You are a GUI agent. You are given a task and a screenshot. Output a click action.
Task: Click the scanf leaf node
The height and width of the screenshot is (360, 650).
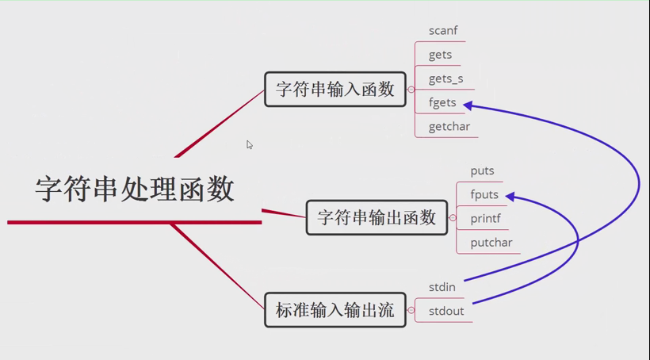443,31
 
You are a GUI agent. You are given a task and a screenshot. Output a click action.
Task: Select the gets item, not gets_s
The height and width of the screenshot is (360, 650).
440,55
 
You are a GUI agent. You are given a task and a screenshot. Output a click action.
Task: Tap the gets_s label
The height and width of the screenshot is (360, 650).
445,79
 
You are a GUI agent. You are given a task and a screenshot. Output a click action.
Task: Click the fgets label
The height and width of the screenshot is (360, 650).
442,102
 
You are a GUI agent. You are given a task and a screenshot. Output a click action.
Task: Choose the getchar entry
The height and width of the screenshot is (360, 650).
449,126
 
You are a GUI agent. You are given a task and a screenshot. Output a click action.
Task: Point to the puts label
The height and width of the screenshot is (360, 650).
482,170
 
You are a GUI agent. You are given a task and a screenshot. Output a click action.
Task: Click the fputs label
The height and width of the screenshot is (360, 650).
484,194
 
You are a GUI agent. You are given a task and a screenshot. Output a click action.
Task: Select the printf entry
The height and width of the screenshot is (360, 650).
485,218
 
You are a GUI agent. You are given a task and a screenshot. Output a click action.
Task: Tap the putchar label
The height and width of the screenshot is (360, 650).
491,243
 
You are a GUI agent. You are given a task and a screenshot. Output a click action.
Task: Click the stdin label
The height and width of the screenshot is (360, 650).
442,287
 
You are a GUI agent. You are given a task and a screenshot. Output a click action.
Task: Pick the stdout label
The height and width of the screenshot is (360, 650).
446,311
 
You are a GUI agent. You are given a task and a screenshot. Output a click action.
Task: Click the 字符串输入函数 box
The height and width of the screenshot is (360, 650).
335,89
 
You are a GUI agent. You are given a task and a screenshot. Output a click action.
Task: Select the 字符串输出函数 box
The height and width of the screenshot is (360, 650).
377,217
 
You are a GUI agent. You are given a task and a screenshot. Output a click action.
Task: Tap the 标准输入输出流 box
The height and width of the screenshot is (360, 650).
335,310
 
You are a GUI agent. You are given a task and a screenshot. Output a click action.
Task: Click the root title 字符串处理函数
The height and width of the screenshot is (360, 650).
135,190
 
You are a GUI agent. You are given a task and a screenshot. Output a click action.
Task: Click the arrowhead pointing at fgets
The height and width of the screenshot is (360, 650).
468,105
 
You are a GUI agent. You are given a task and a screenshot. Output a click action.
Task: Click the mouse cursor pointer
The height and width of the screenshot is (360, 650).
249,144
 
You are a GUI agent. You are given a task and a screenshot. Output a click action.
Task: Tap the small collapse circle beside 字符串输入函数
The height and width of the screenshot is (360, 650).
411,90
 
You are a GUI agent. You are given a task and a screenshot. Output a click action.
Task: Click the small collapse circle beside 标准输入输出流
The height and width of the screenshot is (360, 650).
411,311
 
